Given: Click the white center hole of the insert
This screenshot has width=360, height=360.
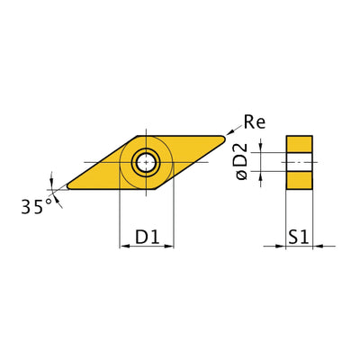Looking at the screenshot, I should tap(146, 163).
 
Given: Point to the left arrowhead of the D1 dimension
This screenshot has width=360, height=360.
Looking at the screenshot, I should tap(123, 245).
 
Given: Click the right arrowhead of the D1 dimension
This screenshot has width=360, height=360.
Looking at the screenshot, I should tap(170, 245).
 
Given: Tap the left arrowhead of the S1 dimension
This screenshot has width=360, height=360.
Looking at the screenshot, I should tap(282, 245).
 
